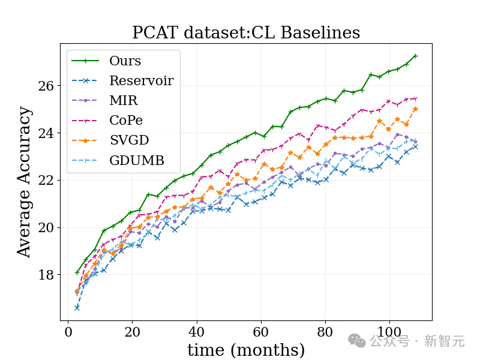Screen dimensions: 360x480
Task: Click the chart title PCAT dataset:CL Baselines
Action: coord(246,32)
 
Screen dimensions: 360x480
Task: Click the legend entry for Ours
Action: coord(125,61)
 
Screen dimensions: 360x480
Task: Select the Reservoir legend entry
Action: coord(141,81)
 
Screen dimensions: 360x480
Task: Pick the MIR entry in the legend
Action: coord(122,101)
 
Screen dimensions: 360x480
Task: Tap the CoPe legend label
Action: coord(126,121)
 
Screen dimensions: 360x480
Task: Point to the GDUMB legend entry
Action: coord(136,160)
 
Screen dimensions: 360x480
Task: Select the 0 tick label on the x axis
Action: coord(68,332)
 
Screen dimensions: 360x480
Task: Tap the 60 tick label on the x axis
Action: coord(260,332)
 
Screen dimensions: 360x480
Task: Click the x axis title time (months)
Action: coord(246,350)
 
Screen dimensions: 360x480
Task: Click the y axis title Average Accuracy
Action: coord(24,182)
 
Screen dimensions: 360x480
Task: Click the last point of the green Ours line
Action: coord(415,56)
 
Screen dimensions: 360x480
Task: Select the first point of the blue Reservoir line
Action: coord(77,308)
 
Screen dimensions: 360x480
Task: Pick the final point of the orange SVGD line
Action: coord(415,109)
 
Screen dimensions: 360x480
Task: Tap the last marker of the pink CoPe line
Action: coord(415,99)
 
